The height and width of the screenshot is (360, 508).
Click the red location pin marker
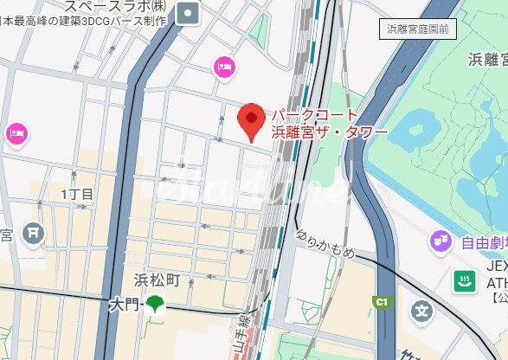click(251, 119)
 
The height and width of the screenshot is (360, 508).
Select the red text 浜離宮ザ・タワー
click(329, 133)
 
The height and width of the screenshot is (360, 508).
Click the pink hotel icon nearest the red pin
click(224, 66)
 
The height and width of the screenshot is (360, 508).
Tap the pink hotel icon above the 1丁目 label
click(17, 132)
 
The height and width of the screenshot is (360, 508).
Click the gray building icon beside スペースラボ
click(188, 12)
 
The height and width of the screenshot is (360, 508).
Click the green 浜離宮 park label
click(488, 60)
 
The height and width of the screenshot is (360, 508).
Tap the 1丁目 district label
click(77, 194)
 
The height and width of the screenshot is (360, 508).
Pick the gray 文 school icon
click(421, 309)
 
